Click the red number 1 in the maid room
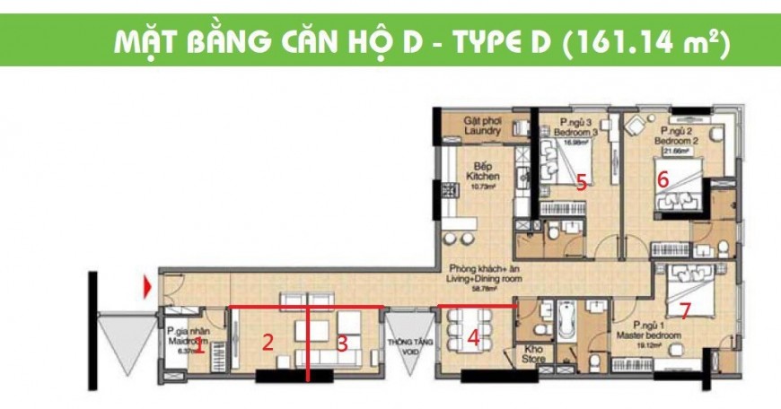(x=199, y=347)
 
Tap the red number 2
(x=267, y=341)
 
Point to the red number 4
(x=473, y=338)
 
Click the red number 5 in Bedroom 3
(x=581, y=183)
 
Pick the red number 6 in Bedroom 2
(x=663, y=178)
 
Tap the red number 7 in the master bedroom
(x=685, y=311)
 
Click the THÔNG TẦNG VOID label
(x=405, y=346)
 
